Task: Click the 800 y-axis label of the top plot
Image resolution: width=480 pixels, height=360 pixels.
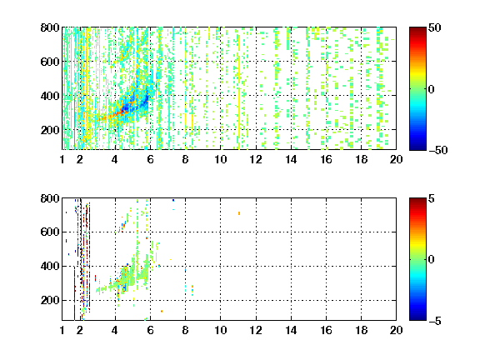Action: pyautogui.click(x=50, y=27)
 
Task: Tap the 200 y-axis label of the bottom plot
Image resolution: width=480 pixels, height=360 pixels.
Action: pyautogui.click(x=50, y=300)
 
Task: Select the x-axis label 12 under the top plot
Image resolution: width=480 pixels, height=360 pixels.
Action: pyautogui.click(x=256, y=159)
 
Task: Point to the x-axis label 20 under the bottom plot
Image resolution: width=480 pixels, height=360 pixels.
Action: pyautogui.click(x=396, y=330)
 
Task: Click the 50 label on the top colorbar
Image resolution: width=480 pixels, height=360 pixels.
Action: pyautogui.click(x=434, y=27)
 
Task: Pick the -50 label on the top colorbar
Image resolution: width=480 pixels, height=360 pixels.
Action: pyautogui.click(x=438, y=150)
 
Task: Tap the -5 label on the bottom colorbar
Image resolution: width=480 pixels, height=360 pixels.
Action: pyautogui.click(x=435, y=321)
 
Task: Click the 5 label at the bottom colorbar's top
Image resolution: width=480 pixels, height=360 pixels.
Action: pyautogui.click(x=432, y=198)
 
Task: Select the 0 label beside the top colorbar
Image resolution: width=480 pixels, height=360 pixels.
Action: pyautogui.click(x=432, y=89)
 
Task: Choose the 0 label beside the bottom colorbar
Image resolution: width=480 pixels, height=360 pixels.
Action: pyautogui.click(x=432, y=260)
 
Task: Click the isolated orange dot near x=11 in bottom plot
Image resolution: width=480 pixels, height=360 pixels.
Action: pyautogui.click(x=239, y=213)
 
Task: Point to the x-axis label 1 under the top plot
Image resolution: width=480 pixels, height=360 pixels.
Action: pyautogui.click(x=62, y=159)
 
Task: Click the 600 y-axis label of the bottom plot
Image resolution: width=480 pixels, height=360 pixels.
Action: pyautogui.click(x=50, y=232)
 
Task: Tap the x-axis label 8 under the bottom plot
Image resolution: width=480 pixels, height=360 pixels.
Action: pyautogui.click(x=185, y=330)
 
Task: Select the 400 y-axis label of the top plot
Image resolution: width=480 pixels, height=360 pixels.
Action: pyautogui.click(x=50, y=96)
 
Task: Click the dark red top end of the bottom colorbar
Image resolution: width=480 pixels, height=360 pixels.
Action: pyautogui.click(x=417, y=200)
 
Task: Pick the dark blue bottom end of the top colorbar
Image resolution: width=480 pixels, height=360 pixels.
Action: pyautogui.click(x=417, y=147)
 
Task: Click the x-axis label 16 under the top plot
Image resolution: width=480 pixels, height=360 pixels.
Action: pyautogui.click(x=326, y=159)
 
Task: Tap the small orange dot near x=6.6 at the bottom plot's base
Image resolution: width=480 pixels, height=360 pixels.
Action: pyautogui.click(x=162, y=312)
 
